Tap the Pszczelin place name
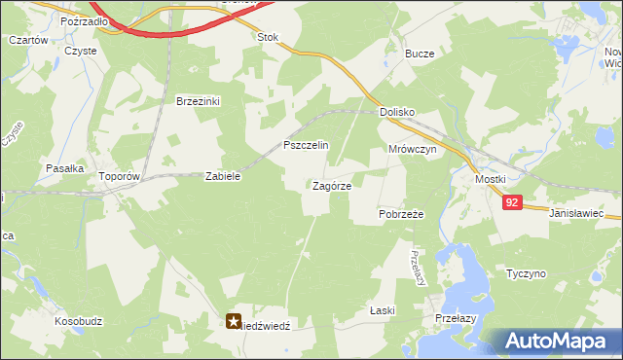coord(306,145)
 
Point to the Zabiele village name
coord(222,177)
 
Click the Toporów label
coord(121,177)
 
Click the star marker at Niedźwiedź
coord(235,319)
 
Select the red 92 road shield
coord(514,202)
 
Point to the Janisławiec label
coord(576,212)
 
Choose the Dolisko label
coord(397,113)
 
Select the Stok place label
coord(267,37)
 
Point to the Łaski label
coord(381,310)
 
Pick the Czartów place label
coord(28,40)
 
